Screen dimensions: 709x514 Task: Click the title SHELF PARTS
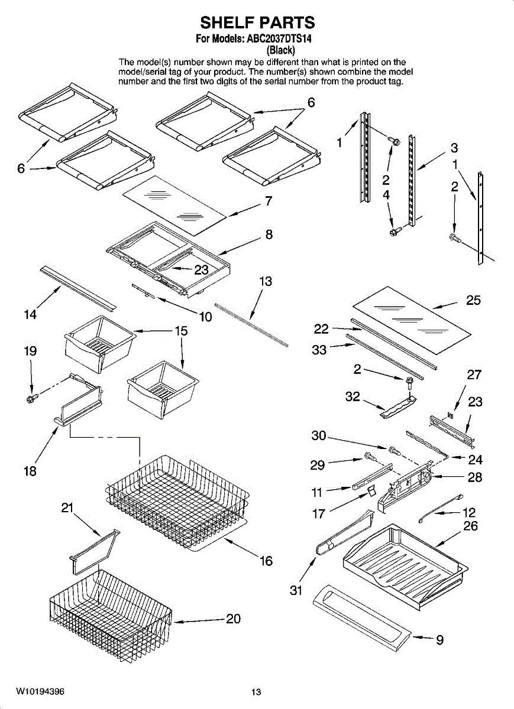[257, 22]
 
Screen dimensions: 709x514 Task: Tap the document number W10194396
[41, 692]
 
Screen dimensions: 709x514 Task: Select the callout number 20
[234, 619]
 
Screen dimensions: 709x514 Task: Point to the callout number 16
[266, 561]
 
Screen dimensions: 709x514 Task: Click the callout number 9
[439, 639]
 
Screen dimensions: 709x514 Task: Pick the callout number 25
[473, 300]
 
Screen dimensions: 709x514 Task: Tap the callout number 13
[266, 281]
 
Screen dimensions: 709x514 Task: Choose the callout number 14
[30, 315]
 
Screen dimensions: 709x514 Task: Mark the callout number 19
[30, 351]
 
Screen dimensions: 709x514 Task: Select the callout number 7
[269, 201]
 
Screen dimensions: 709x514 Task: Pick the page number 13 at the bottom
[256, 692]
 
